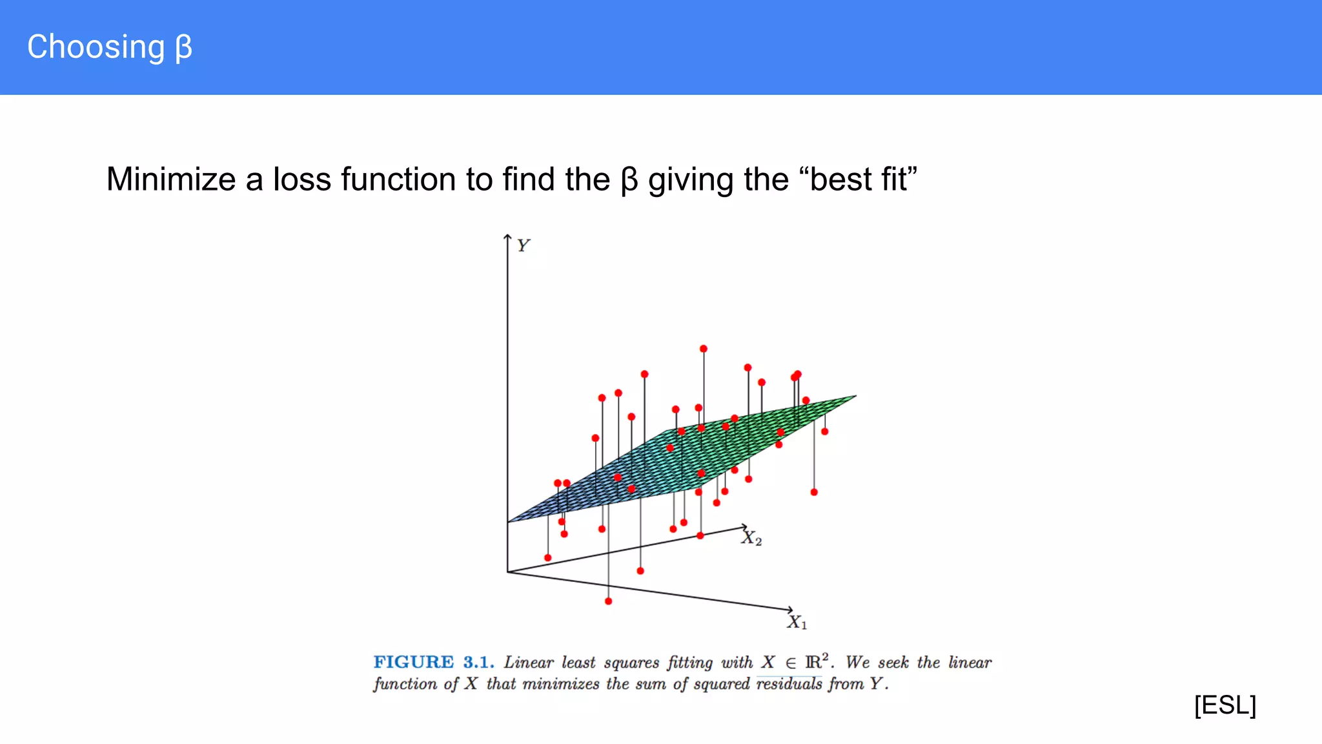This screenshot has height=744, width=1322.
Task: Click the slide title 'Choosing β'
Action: pyautogui.click(x=110, y=47)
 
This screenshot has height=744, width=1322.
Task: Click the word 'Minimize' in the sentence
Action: pyautogui.click(x=170, y=180)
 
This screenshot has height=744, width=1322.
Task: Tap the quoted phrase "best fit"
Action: pyautogui.click(x=861, y=180)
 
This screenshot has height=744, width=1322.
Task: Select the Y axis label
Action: pyautogui.click(x=523, y=245)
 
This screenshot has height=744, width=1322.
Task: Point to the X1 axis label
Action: pyautogui.click(x=797, y=622)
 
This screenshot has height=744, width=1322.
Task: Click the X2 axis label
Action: pyautogui.click(x=751, y=538)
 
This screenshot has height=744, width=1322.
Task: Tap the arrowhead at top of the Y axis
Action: pyautogui.click(x=507, y=237)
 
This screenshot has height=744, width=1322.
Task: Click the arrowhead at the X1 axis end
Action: pyautogui.click(x=790, y=609)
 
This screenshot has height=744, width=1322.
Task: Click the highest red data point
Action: pyautogui.click(x=704, y=349)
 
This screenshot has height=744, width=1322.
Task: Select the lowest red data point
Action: pyautogui.click(x=608, y=601)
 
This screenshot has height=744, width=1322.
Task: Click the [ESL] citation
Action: pyautogui.click(x=1225, y=705)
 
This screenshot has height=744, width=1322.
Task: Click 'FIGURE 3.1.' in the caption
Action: pyautogui.click(x=433, y=662)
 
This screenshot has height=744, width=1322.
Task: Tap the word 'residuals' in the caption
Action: pyautogui.click(x=789, y=683)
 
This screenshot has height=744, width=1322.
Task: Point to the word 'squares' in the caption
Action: pyautogui.click(x=622, y=662)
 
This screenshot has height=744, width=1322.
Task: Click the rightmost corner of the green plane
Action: pyautogui.click(x=855, y=396)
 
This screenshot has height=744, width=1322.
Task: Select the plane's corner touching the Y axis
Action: pyautogui.click(x=509, y=521)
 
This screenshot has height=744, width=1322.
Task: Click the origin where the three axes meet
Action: pyautogui.click(x=508, y=572)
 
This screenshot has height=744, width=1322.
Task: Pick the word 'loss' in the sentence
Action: pyautogui.click(x=302, y=180)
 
